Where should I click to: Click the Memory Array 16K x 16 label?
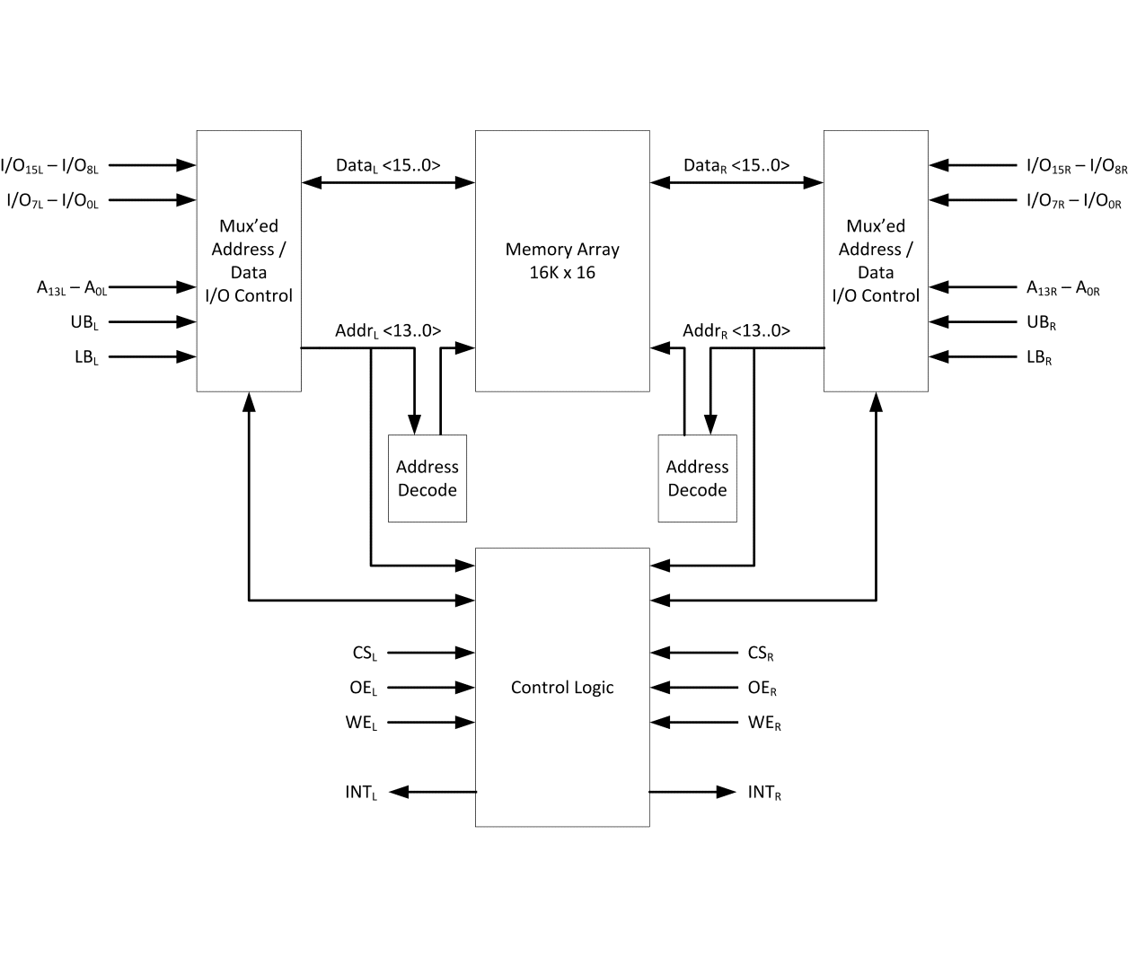point(562,261)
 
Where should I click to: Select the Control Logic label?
point(562,688)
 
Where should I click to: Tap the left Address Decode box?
point(427,478)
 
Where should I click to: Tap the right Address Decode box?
point(698,478)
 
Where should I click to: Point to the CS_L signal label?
point(365,654)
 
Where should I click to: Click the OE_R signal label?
point(762,688)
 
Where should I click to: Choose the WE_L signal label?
point(361,723)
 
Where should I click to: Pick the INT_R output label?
point(764,792)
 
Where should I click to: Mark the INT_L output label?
point(361,792)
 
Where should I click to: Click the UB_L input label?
point(84,322)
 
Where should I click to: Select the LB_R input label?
point(1039,357)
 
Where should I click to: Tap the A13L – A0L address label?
point(72,288)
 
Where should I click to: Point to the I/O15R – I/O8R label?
point(1076,166)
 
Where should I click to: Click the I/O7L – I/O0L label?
point(53,200)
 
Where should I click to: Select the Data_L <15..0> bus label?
point(388,165)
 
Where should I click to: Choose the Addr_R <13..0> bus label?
point(736,331)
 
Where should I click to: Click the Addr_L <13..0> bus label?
point(388,331)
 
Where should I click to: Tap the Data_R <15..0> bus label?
point(736,165)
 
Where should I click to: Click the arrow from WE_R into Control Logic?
point(695,723)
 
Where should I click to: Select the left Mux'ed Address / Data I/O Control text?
point(249,261)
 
